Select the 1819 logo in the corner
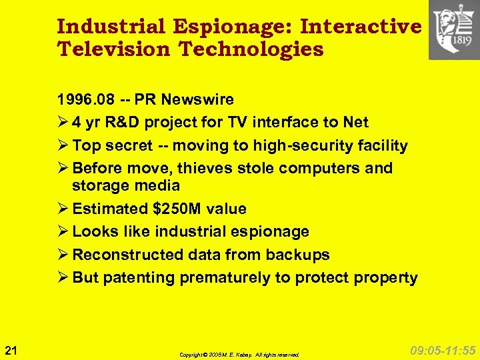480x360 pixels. (454, 30)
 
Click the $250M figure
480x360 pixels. (177, 209)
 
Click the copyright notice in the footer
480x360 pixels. (239, 355)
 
